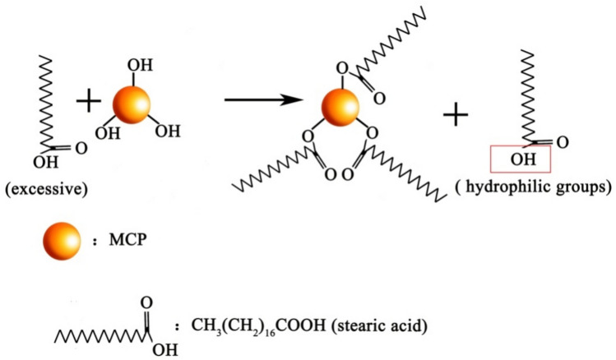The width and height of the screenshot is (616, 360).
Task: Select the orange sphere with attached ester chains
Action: click(341, 108)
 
